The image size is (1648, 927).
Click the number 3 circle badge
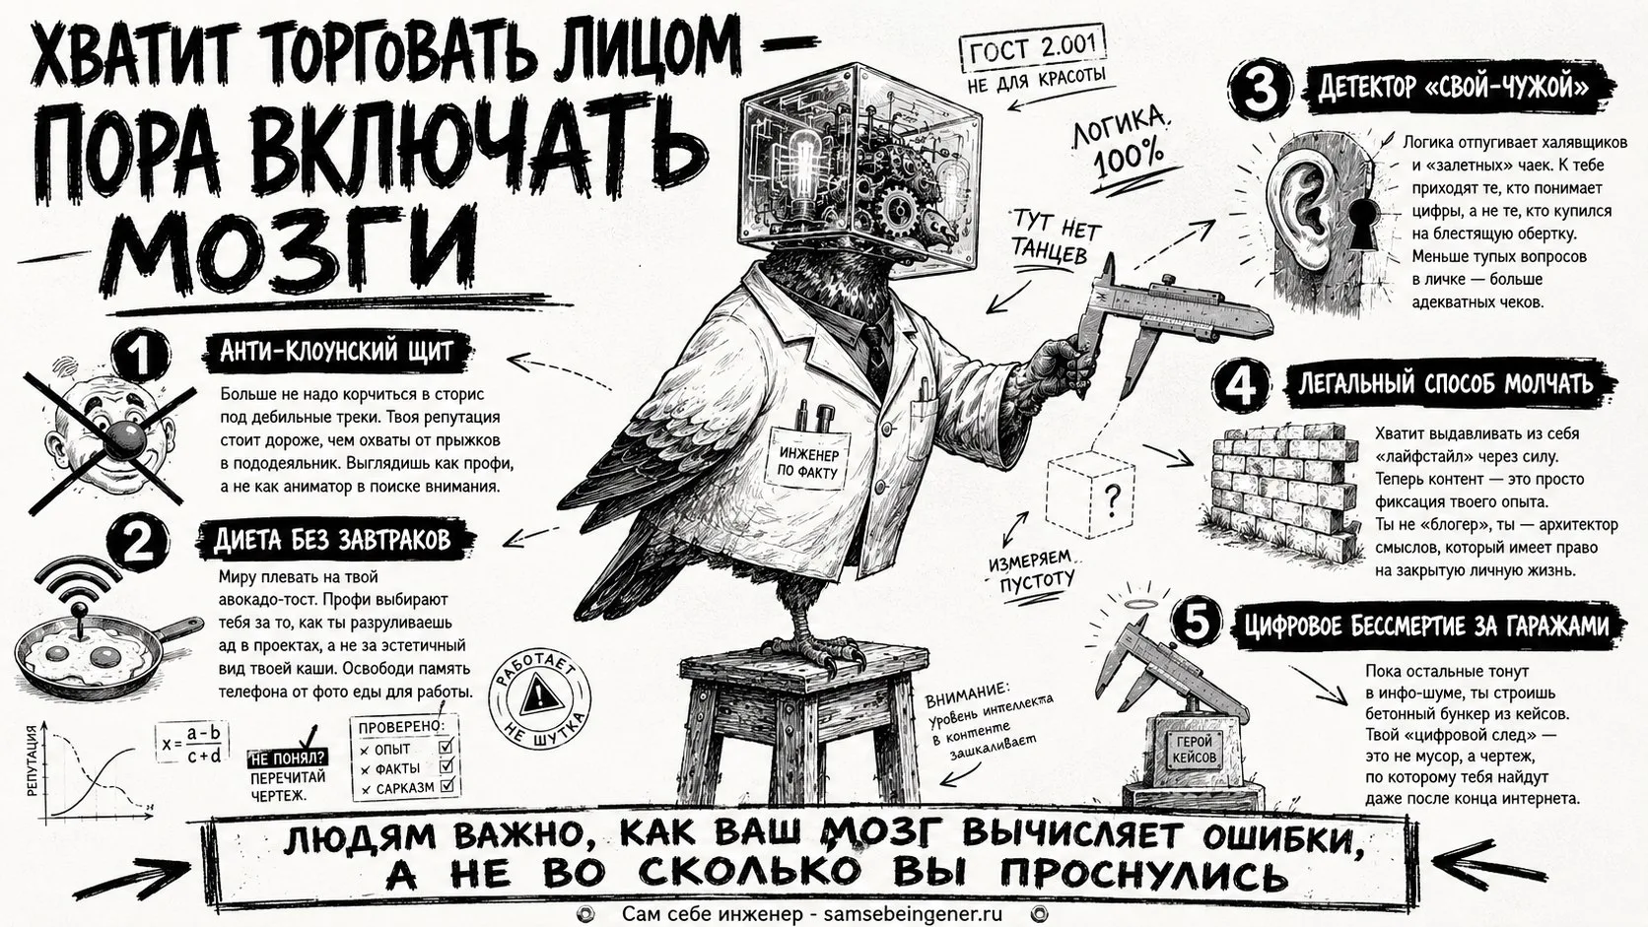click(1261, 89)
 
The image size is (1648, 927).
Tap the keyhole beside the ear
click(1362, 223)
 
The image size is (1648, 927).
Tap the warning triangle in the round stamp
click(540, 695)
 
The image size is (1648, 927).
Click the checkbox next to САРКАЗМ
click(446, 786)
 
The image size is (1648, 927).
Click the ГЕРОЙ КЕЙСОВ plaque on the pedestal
click(1194, 750)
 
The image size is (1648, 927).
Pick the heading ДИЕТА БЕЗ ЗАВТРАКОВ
click(335, 540)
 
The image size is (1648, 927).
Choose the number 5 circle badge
click(1197, 623)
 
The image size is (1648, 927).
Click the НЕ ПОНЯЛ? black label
click(289, 758)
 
